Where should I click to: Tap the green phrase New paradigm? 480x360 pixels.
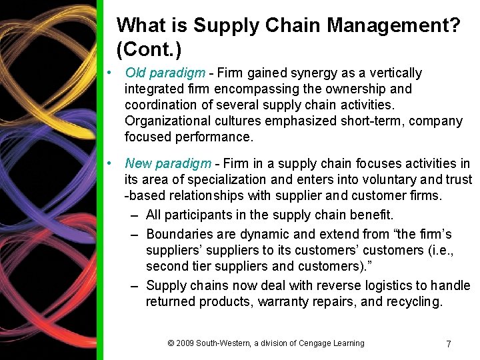click(168, 163)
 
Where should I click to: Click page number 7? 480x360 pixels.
click(448, 344)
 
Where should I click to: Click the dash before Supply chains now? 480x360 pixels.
click(135, 285)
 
